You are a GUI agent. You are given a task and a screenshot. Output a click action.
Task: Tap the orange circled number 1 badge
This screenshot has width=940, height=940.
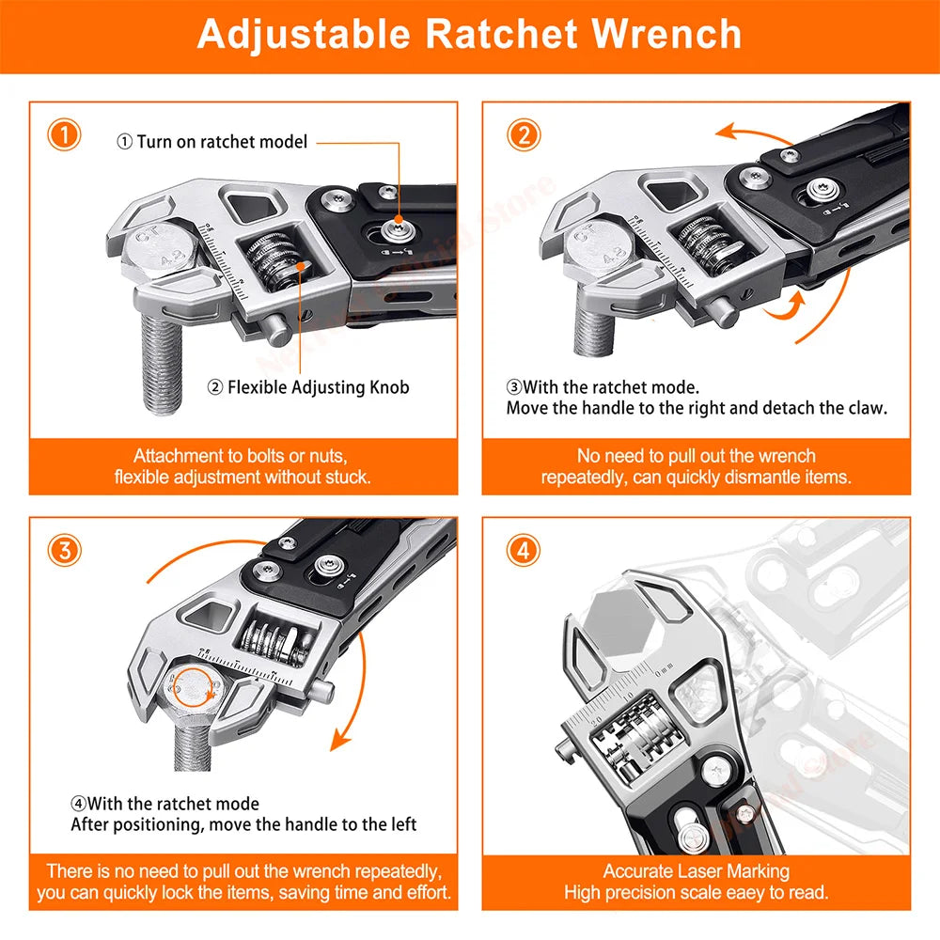point(64,134)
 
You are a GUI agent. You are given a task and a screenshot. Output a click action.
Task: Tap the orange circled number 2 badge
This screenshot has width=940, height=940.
point(523,134)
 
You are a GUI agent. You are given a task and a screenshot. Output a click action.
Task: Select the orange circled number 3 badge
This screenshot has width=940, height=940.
point(64,550)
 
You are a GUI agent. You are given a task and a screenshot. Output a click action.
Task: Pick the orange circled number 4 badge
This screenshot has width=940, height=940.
point(523,550)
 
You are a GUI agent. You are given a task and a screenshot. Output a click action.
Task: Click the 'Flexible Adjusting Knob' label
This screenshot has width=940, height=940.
point(308,386)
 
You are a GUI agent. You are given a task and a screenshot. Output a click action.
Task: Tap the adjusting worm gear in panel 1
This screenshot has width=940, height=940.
point(276,264)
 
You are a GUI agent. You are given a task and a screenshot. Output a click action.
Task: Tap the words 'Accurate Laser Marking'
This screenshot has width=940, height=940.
point(696,871)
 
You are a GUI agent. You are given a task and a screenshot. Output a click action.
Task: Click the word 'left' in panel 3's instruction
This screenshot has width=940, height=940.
point(400,824)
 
